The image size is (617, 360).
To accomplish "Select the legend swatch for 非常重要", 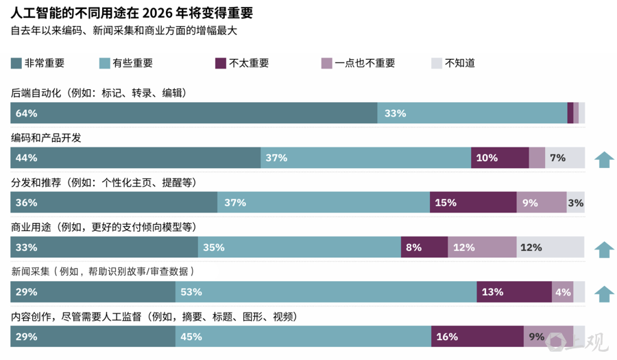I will pos(16,63).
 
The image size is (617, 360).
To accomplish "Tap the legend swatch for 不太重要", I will pos(221,63).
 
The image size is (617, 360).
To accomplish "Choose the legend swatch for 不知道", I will pos(437,63).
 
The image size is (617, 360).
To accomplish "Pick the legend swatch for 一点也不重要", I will pos(327,63).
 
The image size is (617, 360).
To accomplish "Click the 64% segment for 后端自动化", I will pos(193,113).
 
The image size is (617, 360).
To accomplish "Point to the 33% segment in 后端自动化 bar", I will pos(472,113).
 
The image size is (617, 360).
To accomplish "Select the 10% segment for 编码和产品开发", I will pos(500,158).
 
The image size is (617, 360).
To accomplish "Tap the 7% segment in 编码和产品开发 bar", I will pos(565,158).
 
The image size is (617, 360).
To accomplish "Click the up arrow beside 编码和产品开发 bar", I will pos(604,159).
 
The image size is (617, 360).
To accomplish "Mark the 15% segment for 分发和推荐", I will pos(473,202).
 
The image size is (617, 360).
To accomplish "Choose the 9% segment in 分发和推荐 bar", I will pos(541,202).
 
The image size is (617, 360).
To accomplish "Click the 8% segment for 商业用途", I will pos(424,247).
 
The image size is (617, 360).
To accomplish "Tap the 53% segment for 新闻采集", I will pos(326,291).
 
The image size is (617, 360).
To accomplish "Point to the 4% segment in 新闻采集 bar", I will pos(562,291).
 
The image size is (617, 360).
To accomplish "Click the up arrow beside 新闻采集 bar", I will pos(604,293).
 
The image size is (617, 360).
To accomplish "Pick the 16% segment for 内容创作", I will pos(477,336).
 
